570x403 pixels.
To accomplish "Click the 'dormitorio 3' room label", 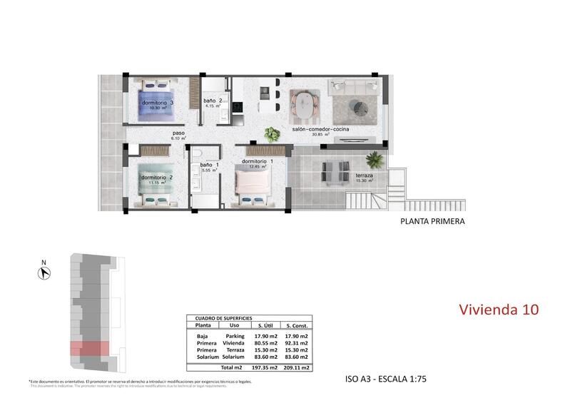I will tap(158, 103).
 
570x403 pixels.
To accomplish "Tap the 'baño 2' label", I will tap(212, 101).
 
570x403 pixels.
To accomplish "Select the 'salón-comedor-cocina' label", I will tap(320, 130).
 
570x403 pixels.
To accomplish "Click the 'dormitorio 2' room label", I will tap(157, 177).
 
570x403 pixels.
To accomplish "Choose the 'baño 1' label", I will tap(208, 165).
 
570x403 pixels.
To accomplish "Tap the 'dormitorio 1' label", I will tap(258, 162).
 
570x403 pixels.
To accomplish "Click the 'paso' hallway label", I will tap(178, 133).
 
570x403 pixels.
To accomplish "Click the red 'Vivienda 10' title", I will tap(497, 310).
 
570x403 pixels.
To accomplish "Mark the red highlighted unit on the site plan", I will tap(89, 348).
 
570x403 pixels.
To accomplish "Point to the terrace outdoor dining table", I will tap(332, 171).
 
